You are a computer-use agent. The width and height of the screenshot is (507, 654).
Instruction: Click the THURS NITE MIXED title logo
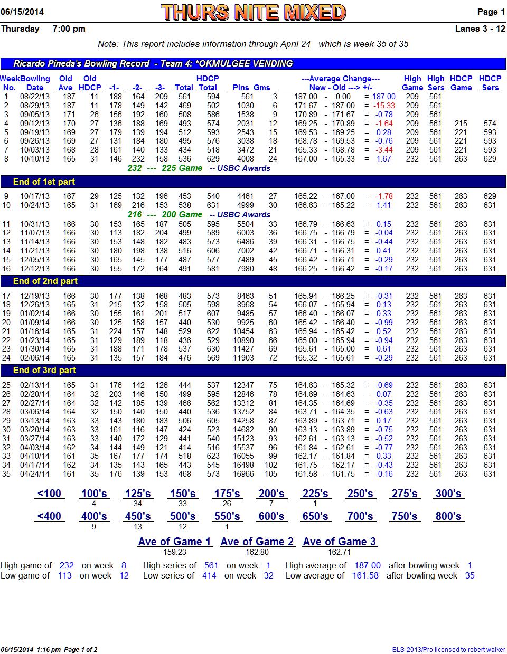click(x=253, y=12)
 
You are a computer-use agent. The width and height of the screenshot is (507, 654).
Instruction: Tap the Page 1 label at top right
click(x=491, y=12)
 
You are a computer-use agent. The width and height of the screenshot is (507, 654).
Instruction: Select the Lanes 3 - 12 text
click(x=480, y=29)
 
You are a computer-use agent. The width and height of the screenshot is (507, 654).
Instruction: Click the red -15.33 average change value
click(x=384, y=106)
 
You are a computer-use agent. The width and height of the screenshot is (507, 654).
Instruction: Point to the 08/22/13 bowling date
click(x=35, y=97)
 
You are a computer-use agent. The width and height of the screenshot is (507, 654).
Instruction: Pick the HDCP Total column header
click(x=208, y=83)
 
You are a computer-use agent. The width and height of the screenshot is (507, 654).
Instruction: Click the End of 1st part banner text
click(x=44, y=182)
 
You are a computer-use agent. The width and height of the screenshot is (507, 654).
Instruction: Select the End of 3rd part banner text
click(x=44, y=370)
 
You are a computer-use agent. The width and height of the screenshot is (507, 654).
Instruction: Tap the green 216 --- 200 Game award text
click(x=165, y=215)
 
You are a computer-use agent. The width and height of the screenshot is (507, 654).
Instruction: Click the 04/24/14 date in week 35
click(x=35, y=474)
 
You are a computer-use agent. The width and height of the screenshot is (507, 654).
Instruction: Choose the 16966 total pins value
click(x=243, y=474)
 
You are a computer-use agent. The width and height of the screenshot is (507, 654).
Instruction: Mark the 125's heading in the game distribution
click(x=138, y=494)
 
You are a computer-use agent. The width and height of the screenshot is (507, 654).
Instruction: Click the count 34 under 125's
click(x=138, y=504)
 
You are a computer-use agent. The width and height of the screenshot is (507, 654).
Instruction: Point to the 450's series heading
click(x=138, y=516)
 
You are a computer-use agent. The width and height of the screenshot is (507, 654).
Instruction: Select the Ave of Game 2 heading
click(x=257, y=542)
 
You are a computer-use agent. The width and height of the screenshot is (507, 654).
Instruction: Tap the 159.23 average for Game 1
click(x=175, y=552)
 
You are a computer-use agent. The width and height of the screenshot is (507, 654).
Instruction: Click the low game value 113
click(x=65, y=575)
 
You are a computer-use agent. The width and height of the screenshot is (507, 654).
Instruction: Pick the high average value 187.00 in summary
click(x=367, y=565)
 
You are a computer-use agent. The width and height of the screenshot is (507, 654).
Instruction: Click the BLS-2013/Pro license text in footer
click(x=448, y=649)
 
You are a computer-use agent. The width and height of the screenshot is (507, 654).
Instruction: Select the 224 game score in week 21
click(x=115, y=331)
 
